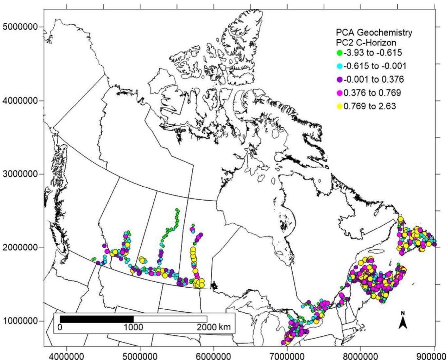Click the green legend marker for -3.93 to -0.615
coord(340,52)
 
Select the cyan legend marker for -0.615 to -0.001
coord(340,66)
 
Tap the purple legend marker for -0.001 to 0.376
coord(340,80)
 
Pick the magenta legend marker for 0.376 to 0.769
coord(340,93)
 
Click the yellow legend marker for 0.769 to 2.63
coord(340,107)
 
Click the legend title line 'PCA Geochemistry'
coord(374,33)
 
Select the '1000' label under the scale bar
coord(134,327)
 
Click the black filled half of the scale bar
coord(97,319)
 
